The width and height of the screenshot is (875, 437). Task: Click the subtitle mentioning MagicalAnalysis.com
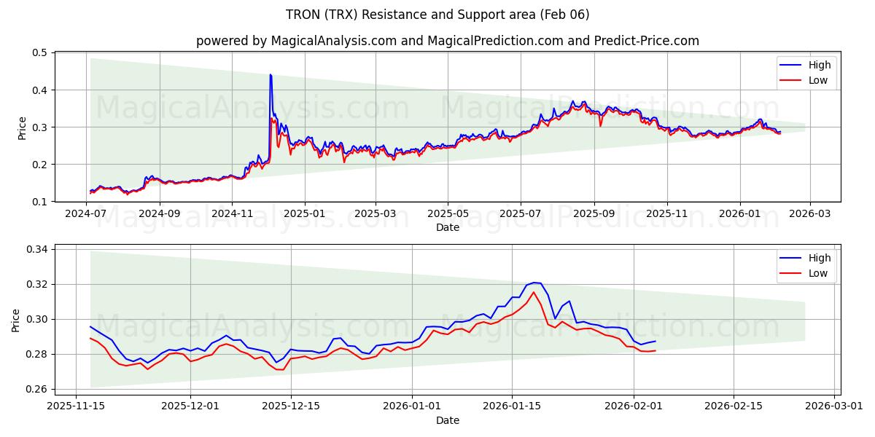[x=447, y=41]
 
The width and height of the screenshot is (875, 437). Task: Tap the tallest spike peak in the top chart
[x=271, y=74]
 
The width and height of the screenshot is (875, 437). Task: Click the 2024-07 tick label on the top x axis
[x=87, y=215]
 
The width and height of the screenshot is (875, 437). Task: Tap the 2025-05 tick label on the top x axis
[x=447, y=215]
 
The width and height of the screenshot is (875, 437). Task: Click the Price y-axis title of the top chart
[x=22, y=127]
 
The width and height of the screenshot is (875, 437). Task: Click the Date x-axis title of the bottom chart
[x=447, y=420]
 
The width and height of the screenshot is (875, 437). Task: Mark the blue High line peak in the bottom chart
[x=534, y=283]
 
